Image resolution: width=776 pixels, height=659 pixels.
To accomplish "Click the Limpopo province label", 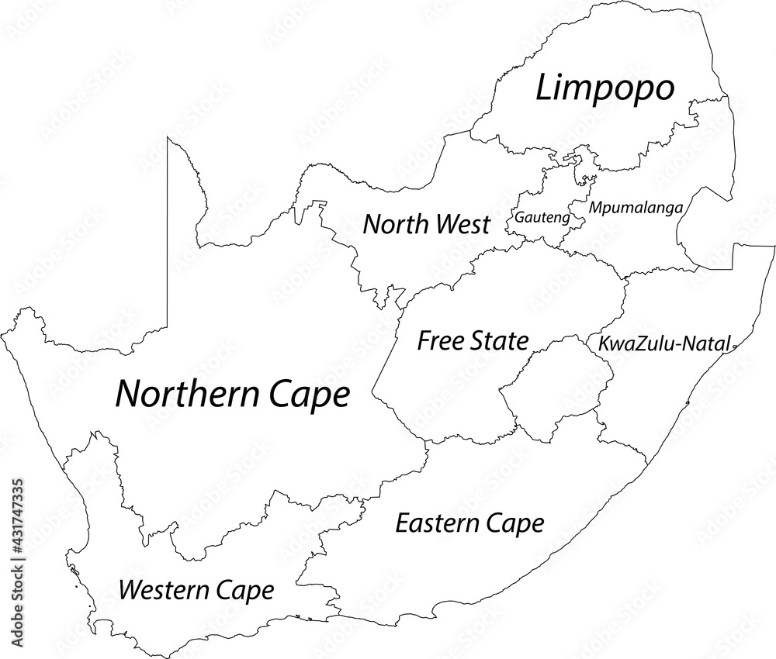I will tap(605, 89).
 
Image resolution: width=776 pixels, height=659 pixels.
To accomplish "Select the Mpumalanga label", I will tap(636, 208).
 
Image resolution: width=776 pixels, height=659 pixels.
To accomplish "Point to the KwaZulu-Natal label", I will tap(663, 344).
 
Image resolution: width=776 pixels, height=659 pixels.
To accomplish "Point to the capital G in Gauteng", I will tap(518, 218).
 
